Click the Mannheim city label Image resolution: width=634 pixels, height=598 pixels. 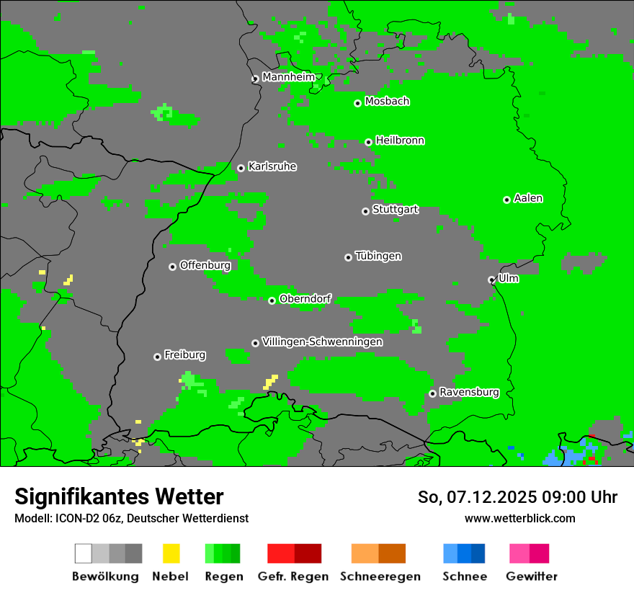tap(288, 77)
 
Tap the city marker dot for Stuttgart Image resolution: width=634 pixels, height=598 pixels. tap(365, 211)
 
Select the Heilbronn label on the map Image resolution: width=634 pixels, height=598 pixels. tap(400, 140)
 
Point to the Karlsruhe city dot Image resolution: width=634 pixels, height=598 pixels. tap(241, 169)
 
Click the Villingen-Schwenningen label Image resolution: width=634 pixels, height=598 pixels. tap(322, 342)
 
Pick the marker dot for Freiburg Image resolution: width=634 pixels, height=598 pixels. tap(157, 357)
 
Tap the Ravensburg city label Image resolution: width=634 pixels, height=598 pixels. tap(469, 392)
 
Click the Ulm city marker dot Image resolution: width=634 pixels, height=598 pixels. tap(491, 280)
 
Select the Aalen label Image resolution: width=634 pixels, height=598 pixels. tap(528, 198)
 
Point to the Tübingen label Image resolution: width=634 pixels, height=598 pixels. tap(378, 256)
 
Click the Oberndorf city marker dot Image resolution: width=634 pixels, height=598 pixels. tap(272, 300)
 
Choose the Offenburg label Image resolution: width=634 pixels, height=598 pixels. tap(205, 265)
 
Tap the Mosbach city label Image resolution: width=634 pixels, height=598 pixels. tap(387, 102)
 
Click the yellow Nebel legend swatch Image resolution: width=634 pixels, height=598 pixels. tap(171, 553)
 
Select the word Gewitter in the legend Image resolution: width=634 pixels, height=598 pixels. tap(531, 576)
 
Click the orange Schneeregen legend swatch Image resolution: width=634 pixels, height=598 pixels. tap(378, 553)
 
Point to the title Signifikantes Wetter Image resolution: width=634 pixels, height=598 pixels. tap(119, 496)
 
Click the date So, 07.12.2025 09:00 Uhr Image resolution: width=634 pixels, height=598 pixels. tap(517, 497)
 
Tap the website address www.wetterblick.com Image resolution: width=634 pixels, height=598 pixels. tap(519, 518)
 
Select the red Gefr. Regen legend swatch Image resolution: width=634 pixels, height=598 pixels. tap(294, 553)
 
